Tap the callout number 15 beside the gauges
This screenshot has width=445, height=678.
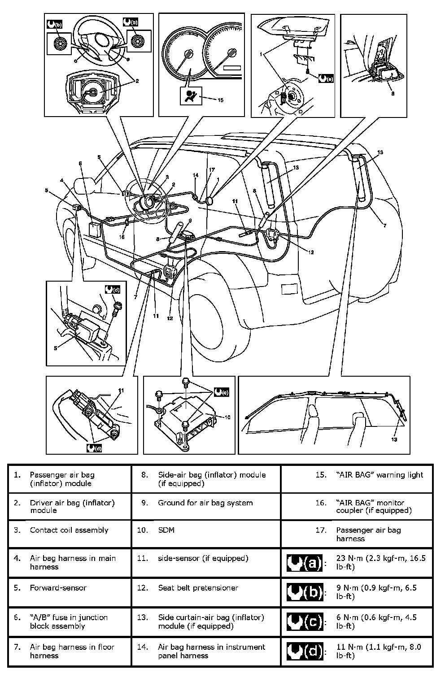220,100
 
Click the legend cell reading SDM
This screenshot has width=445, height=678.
166,530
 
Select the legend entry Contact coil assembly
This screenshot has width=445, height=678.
69,530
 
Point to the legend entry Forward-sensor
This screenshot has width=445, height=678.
58,588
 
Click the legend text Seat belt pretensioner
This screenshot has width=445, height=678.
198,588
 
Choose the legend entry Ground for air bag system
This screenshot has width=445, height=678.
205,503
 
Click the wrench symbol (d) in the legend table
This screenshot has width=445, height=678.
305,651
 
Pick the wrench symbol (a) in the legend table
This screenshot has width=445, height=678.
305,562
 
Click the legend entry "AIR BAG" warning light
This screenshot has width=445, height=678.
380,475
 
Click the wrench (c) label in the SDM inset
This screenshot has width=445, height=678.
222,392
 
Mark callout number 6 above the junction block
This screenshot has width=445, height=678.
81,164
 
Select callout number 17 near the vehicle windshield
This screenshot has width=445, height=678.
212,169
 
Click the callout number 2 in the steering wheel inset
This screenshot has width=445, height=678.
137,81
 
